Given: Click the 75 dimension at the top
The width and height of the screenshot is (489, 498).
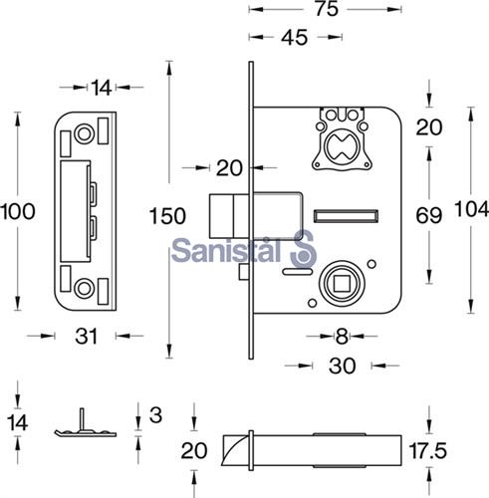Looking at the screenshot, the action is [x=327, y=9].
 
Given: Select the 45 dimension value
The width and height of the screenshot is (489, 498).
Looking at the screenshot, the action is [x=294, y=38].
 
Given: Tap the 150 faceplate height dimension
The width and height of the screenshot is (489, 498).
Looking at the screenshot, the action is [x=167, y=216].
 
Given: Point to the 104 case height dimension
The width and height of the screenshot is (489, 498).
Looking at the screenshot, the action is [x=471, y=210].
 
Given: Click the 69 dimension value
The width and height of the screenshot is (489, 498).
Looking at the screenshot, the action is [x=429, y=216].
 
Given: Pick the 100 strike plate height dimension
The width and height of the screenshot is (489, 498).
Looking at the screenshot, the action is [x=18, y=211].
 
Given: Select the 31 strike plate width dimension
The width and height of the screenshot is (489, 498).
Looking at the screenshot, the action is [x=86, y=337].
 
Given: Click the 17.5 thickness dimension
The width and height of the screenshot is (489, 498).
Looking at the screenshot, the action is [x=428, y=451].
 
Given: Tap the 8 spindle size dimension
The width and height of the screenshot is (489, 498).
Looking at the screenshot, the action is [x=342, y=337].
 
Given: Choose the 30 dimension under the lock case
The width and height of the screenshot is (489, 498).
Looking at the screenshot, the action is [x=342, y=366].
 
